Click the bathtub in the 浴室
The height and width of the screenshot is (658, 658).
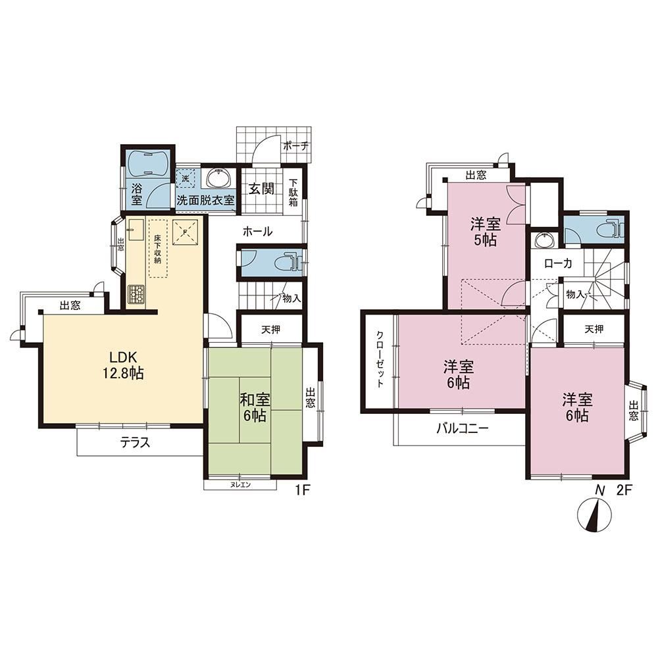click(x=148, y=163)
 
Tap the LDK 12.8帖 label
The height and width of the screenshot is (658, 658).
click(x=124, y=365)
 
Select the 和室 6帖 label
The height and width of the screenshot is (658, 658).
click(x=255, y=407)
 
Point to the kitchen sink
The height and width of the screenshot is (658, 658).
click(x=136, y=230)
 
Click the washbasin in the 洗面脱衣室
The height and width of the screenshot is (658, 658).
click(x=218, y=178)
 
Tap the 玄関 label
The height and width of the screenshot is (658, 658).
click(x=261, y=190)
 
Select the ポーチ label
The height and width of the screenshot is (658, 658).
click(x=296, y=147)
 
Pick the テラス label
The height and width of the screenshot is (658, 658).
click(x=135, y=442)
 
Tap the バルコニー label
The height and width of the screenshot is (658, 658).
click(x=463, y=428)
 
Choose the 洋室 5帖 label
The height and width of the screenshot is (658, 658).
click(x=486, y=231)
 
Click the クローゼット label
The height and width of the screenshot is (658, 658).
click(x=380, y=360)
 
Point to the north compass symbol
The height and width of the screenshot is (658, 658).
click(x=594, y=515)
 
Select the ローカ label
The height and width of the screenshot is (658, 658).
click(x=558, y=264)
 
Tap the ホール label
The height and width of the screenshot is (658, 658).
click(x=257, y=231)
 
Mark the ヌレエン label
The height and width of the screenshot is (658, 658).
click(x=241, y=485)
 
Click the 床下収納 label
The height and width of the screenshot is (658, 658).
click(x=157, y=249)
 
